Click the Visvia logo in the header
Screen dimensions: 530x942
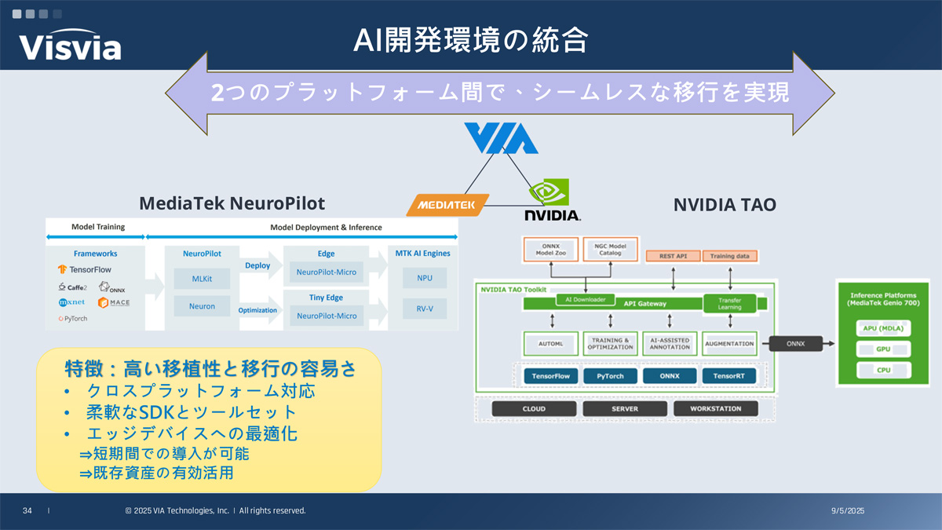pyautogui.click(x=71, y=46)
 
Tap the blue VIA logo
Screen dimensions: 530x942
pyautogui.click(x=500, y=138)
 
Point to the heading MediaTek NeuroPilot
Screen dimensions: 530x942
pyautogui.click(x=232, y=204)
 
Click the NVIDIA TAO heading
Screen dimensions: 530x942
pyautogui.click(x=725, y=205)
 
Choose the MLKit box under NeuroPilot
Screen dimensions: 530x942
pyautogui.click(x=202, y=278)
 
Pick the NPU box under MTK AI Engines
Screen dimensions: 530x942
pyautogui.click(x=424, y=278)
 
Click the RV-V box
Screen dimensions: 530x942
pyautogui.click(x=424, y=309)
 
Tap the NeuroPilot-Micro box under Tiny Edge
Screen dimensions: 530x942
pyautogui.click(x=327, y=316)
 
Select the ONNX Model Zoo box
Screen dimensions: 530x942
pyautogui.click(x=550, y=249)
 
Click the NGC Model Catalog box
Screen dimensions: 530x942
pyautogui.click(x=610, y=249)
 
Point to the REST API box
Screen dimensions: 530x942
pyautogui.click(x=672, y=256)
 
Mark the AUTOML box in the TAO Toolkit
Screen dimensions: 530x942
pyautogui.click(x=549, y=343)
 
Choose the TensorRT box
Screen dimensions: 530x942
pyautogui.click(x=728, y=376)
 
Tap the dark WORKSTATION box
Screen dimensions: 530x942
pyautogui.click(x=716, y=408)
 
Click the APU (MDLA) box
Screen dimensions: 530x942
pyautogui.click(x=883, y=327)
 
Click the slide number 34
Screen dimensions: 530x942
pyautogui.click(x=27, y=511)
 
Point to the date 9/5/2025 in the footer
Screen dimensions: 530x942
pyautogui.click(x=847, y=511)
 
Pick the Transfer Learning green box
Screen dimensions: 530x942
pyautogui.click(x=729, y=303)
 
